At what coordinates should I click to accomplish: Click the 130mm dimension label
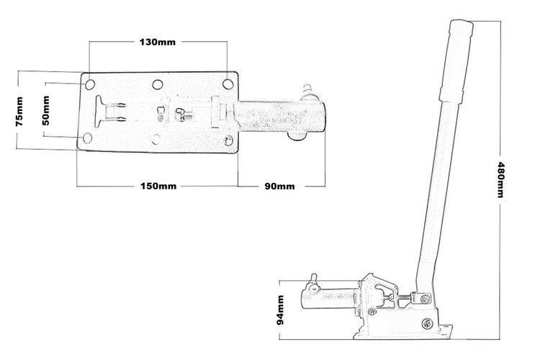pyautogui.click(x=158, y=42)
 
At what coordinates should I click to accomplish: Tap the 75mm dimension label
pyautogui.click(x=19, y=112)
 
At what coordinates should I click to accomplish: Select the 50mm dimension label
pyautogui.click(x=45, y=110)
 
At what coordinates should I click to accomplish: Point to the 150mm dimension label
pyautogui.click(x=158, y=186)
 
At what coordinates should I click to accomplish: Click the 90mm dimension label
pyautogui.click(x=279, y=186)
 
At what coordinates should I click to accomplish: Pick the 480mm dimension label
pyautogui.click(x=500, y=179)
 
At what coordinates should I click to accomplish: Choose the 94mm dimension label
pyautogui.click(x=280, y=310)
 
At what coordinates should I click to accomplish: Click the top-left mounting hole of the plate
pyautogui.click(x=89, y=84)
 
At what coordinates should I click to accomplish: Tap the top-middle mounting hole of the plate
pyautogui.click(x=158, y=84)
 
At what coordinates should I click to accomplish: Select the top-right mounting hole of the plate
pyautogui.click(x=228, y=84)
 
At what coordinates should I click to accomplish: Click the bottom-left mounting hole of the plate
pyautogui.click(x=87, y=138)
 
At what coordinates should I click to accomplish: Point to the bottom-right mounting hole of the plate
pyautogui.click(x=228, y=140)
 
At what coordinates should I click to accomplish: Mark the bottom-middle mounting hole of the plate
pyautogui.click(x=156, y=139)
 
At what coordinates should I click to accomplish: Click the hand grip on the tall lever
pyautogui.click(x=456, y=60)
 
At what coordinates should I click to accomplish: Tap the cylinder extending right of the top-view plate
pyautogui.click(x=279, y=117)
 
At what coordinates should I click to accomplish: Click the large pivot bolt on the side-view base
pyautogui.click(x=427, y=323)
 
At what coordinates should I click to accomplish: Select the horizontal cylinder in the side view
pyautogui.click(x=329, y=299)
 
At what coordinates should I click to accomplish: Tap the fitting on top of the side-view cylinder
pyautogui.click(x=313, y=283)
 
